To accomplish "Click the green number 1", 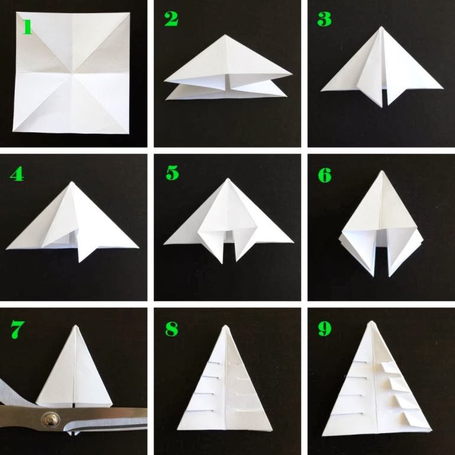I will point(27,27).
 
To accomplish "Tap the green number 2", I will point(171,20).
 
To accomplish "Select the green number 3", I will point(324,19).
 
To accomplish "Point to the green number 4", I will point(17,174).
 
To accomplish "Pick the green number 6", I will point(324,175).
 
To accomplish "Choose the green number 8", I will point(171,329).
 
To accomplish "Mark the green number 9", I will point(324,329).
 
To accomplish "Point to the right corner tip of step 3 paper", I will point(443,88).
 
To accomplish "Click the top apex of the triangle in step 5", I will point(227,178).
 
